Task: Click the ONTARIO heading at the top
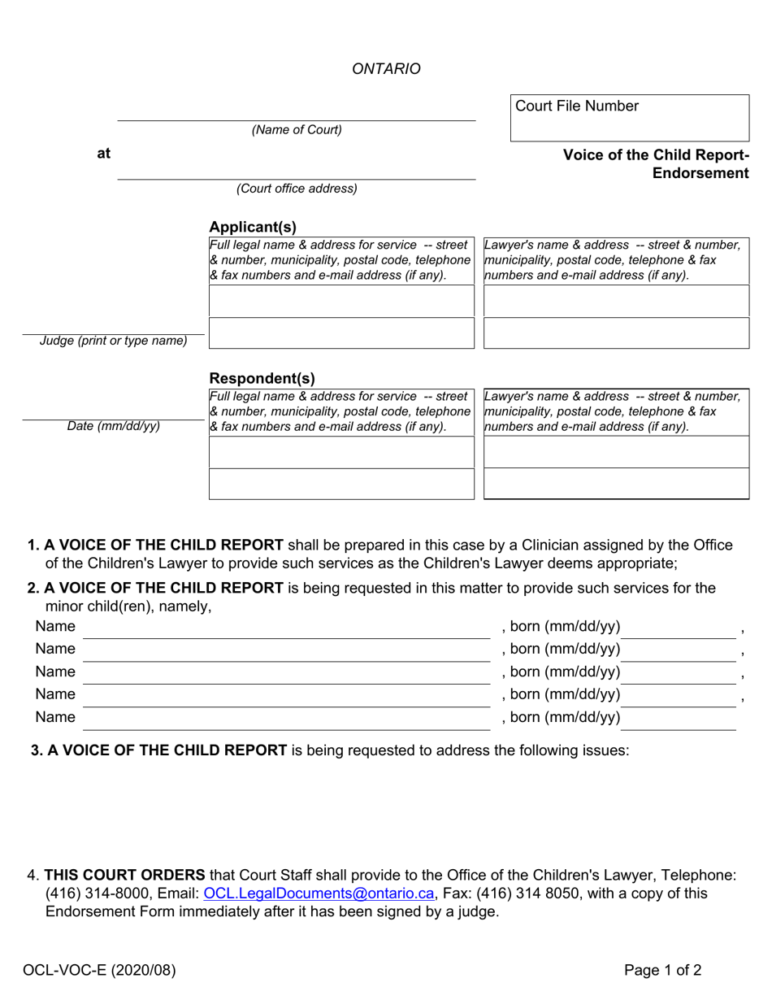coord(386,69)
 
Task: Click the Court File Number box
coord(629,118)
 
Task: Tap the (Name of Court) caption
coord(297,130)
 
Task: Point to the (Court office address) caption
coord(297,189)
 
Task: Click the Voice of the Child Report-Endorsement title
coord(656,164)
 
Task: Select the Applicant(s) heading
coord(253,227)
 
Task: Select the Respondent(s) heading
coord(262,378)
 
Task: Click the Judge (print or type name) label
coord(113,341)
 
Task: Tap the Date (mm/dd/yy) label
coord(113,426)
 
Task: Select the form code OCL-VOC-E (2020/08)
coord(99,969)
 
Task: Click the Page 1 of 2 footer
coord(662,969)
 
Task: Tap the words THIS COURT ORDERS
coord(124,875)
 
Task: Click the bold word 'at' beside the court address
coord(104,153)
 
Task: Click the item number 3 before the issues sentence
coord(36,750)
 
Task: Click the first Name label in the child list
coord(55,626)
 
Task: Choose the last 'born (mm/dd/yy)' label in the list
coord(562,717)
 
